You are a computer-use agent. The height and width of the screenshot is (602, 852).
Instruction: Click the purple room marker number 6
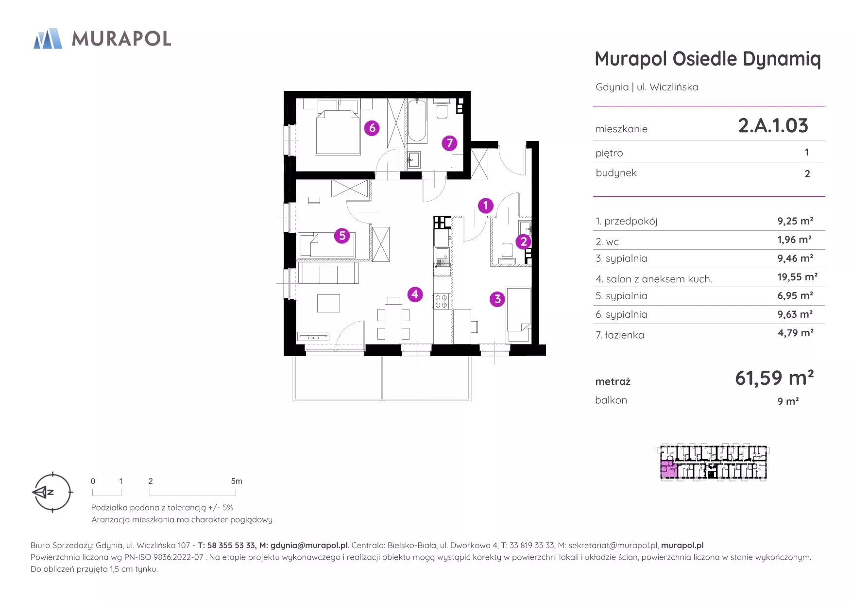click(372, 128)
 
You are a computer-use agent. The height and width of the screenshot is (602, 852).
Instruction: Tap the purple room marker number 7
click(449, 143)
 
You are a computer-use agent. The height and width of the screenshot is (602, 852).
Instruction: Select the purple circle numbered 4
click(415, 294)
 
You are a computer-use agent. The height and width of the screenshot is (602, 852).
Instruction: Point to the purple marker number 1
click(485, 206)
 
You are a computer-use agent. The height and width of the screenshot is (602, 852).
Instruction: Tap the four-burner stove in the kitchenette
click(441, 301)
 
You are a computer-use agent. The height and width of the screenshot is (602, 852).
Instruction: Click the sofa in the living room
click(328, 273)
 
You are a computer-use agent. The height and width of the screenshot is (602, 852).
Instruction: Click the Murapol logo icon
click(48, 38)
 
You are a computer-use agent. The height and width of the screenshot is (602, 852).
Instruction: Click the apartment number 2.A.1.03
click(773, 126)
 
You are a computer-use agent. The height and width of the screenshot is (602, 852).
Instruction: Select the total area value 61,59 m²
click(774, 378)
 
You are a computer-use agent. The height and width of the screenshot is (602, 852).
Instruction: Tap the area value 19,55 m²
click(797, 277)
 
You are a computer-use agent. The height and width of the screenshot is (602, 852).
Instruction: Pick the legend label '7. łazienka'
click(620, 335)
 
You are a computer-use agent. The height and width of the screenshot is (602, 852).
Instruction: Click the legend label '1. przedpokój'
click(627, 222)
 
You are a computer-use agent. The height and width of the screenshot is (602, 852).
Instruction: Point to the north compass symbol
click(52, 492)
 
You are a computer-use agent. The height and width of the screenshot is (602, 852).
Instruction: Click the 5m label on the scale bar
click(237, 481)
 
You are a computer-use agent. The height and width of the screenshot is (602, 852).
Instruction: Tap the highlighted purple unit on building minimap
click(669, 470)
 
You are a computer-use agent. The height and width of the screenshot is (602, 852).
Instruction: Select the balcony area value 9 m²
click(788, 401)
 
